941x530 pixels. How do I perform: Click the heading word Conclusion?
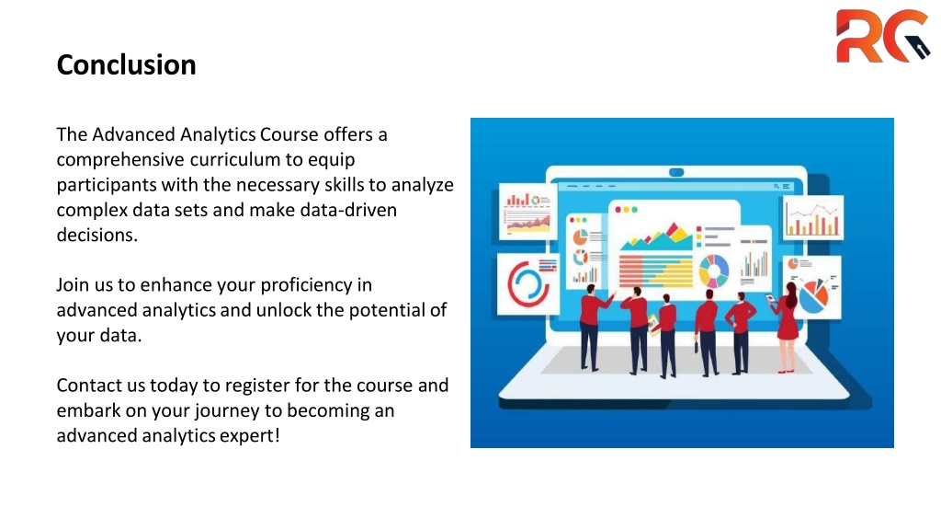click(126, 65)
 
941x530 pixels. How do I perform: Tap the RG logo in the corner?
click(883, 36)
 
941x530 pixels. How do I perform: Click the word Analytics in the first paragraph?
click(219, 134)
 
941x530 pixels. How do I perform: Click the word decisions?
click(96, 235)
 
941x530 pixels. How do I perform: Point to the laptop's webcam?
click(676, 172)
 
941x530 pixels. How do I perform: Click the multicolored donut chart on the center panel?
click(713, 271)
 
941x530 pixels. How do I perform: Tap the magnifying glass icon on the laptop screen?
click(776, 186)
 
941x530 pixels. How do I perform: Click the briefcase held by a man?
click(697, 346)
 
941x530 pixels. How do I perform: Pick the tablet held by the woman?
click(770, 298)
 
